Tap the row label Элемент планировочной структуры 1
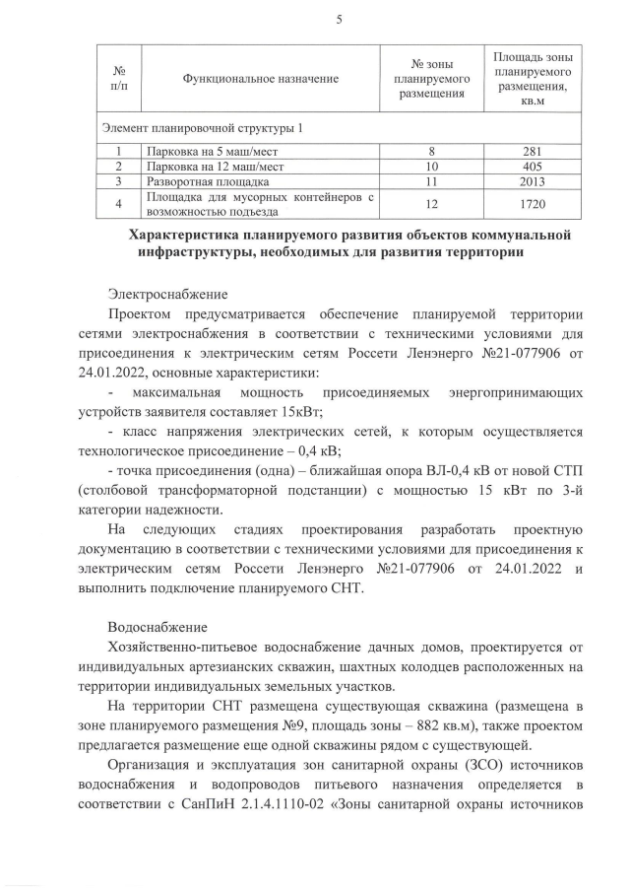tap(202, 128)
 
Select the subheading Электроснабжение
tap(167, 294)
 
